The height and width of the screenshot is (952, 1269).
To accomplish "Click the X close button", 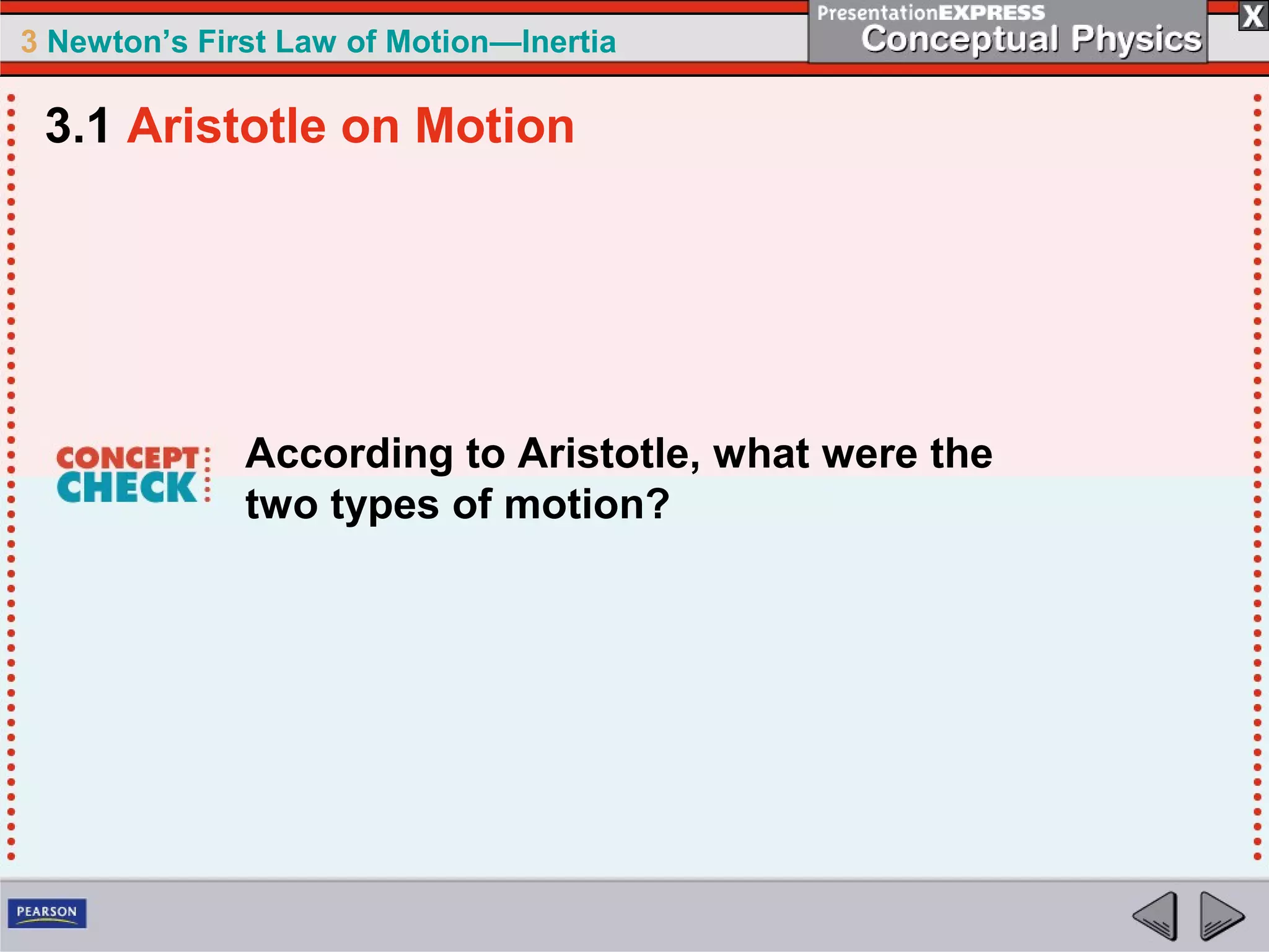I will point(1253,16).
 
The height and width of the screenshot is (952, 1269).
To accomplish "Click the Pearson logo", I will point(47,913).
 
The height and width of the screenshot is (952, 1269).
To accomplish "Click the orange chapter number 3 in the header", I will point(29,42).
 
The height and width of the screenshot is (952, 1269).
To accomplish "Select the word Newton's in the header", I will point(117,42).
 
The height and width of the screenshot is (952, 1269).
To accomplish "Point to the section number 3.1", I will point(77,126).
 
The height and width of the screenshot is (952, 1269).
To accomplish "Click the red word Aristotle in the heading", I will point(226,126).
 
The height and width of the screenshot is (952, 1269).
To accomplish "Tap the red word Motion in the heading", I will point(494,126).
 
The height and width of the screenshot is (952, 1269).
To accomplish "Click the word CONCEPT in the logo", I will point(127,458).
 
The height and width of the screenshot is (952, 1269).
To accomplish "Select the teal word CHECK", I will point(127,488).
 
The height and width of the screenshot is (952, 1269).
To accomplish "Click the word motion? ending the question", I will point(586,505).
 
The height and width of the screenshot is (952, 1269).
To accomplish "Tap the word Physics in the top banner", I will point(1136,40).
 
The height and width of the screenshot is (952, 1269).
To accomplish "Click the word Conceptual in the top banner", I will point(959,40).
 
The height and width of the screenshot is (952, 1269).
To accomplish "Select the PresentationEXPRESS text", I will point(931,12).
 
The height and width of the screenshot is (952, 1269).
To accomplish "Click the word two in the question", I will point(282,505).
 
